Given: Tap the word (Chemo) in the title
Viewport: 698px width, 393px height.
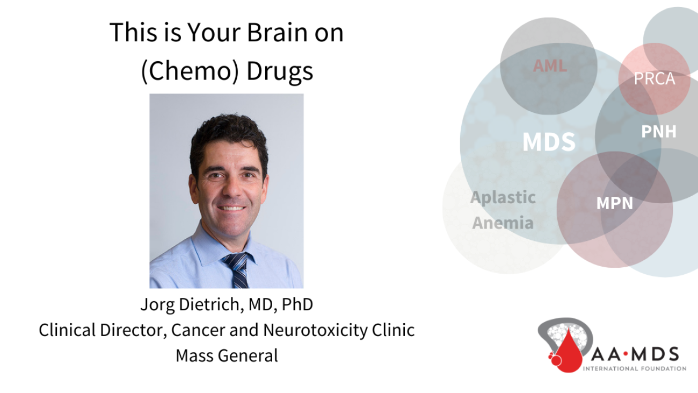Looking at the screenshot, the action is (190, 71).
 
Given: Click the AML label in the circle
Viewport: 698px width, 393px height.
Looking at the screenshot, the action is (550, 66).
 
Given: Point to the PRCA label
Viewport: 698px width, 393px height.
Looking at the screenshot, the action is (655, 78).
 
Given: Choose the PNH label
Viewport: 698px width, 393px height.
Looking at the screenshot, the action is (659, 131).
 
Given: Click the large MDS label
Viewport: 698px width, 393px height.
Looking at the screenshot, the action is (549, 142).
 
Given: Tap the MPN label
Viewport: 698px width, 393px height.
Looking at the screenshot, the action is (614, 203).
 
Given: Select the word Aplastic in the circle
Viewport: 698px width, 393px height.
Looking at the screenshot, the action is (503, 198).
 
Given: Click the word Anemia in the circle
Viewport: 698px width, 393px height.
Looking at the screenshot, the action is (503, 223).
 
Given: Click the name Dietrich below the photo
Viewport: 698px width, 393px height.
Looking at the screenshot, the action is (211, 304).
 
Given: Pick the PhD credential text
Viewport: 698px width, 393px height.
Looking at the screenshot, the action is (297, 304).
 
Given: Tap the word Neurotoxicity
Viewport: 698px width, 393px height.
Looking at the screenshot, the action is (315, 330).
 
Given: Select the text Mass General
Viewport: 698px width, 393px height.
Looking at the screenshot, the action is (227, 355).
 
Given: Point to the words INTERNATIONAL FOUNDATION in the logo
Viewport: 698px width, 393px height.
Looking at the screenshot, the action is (635, 369).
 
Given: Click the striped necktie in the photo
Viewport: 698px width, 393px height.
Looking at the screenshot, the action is (237, 270).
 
